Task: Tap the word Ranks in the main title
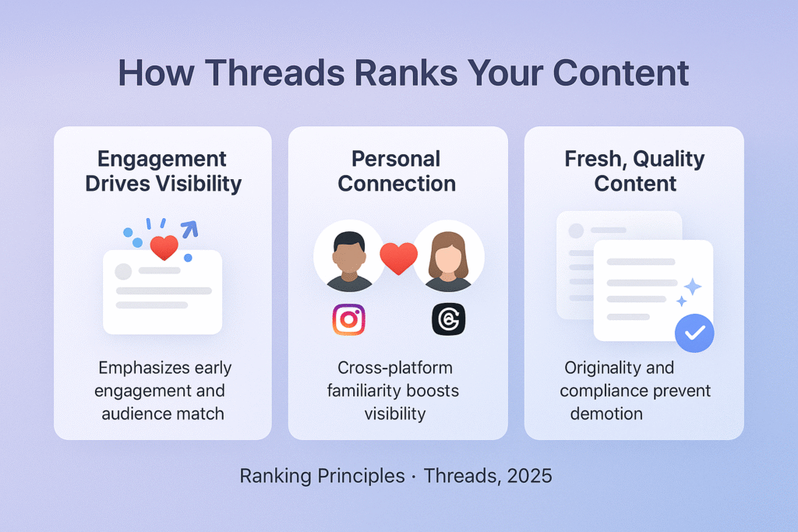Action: [x=440, y=72]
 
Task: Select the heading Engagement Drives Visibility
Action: [x=162, y=171]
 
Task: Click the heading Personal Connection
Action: [x=397, y=171]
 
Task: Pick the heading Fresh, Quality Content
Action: [x=634, y=171]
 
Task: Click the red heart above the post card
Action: [x=164, y=248]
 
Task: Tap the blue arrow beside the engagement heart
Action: [x=189, y=228]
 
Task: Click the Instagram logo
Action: [x=348, y=319]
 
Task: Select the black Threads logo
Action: [x=448, y=319]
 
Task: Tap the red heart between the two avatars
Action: [x=398, y=258]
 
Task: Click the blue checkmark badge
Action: [x=694, y=333]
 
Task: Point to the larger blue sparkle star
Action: [x=691, y=287]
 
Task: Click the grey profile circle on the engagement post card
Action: [x=123, y=271]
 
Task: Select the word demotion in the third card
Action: [x=606, y=413]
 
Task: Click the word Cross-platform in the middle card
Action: [x=395, y=367]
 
